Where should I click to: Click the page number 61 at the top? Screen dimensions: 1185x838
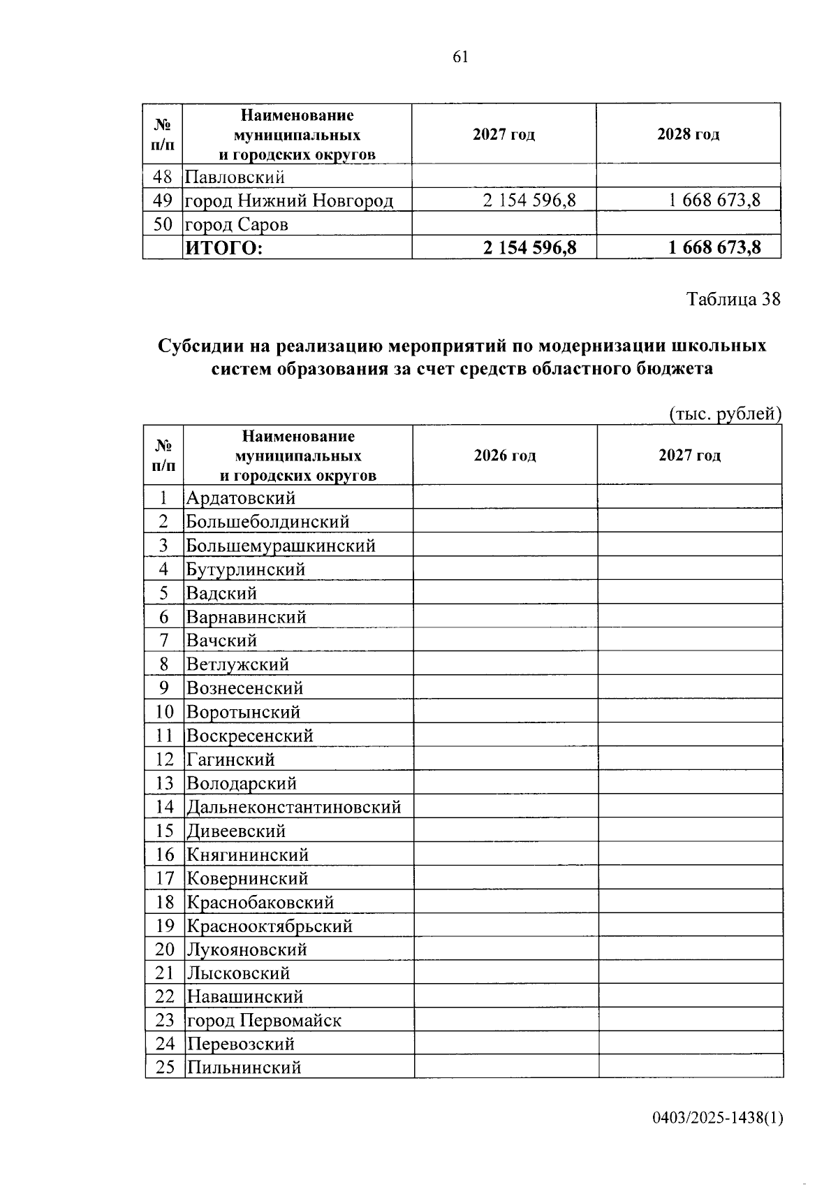(x=460, y=57)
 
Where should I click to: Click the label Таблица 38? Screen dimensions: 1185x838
(x=733, y=299)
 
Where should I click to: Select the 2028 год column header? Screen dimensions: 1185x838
(x=688, y=134)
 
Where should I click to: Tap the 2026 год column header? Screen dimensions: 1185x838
(x=505, y=456)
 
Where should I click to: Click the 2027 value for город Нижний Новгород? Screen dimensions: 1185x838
(x=529, y=201)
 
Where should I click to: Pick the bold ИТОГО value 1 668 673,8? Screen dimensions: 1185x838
(x=714, y=247)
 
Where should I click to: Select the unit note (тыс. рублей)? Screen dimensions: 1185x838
(x=725, y=414)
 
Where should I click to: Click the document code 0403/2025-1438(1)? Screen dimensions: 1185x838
(x=718, y=1118)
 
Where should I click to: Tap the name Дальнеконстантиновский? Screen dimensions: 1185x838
(x=293, y=807)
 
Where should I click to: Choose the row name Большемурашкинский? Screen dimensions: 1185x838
(x=281, y=545)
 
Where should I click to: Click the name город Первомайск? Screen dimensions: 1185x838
(x=264, y=1020)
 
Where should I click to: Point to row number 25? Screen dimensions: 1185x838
(x=165, y=1067)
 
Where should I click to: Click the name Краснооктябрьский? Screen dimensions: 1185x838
(x=269, y=926)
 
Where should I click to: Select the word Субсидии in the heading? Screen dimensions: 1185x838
(x=202, y=346)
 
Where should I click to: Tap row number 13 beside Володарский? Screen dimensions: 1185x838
(x=165, y=783)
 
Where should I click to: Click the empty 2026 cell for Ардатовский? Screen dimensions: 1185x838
(x=505, y=497)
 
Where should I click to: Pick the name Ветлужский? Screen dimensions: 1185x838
(x=237, y=664)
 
